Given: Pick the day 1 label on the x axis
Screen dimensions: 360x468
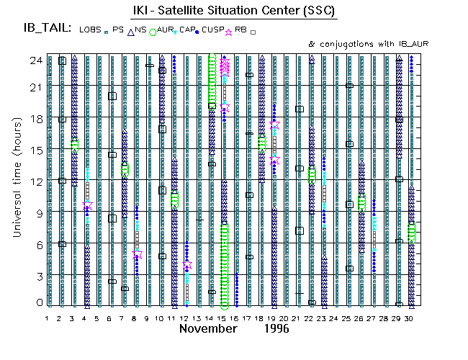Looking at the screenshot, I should pos(48,318).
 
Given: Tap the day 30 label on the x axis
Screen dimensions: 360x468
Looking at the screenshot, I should pos(410,318).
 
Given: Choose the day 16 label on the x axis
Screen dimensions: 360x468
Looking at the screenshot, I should pos(235,318).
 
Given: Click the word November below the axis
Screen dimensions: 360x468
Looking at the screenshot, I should pos(208,329).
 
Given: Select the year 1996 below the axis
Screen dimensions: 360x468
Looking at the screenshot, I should pos(276,329).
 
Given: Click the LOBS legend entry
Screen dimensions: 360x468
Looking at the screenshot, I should pos(91,30).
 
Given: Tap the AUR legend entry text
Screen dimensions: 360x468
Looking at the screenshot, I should pos(166,30).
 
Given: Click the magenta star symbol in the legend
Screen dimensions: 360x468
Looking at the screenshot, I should pos(229,31).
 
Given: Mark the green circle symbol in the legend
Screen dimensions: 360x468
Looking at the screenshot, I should pos(153,32).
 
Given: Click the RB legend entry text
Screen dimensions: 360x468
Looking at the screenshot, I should pos(240,30).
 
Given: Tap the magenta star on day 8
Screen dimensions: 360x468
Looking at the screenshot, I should pos(138,255).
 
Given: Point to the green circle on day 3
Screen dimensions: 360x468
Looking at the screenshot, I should pos(74,145).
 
